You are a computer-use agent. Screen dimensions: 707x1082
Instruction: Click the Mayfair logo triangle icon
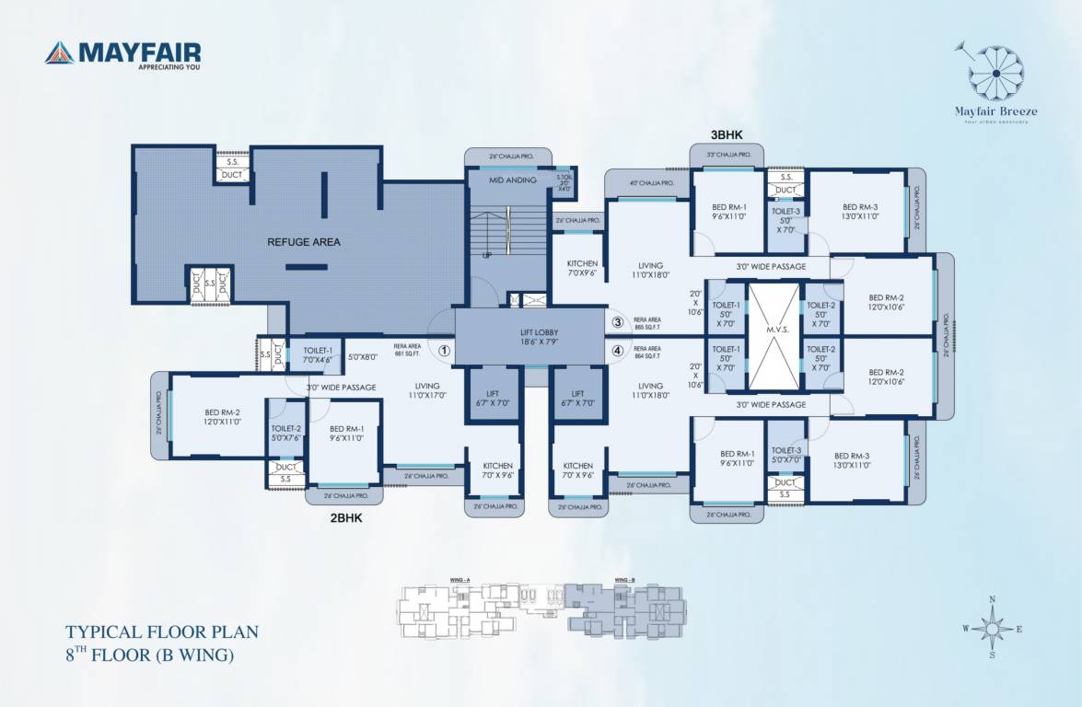60,52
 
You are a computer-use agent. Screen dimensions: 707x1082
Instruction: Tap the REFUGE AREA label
304,242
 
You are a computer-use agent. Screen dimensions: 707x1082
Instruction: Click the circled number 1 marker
444,350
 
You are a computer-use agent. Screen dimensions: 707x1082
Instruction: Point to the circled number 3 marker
618,322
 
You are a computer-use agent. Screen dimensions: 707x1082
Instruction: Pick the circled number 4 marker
618,350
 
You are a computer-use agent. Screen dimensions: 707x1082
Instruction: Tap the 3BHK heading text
726,134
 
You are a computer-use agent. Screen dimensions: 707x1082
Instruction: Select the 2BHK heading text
346,518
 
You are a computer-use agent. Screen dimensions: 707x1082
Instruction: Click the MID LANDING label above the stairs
512,180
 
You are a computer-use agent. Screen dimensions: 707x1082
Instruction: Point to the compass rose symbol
992,628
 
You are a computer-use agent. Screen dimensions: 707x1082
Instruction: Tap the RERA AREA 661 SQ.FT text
406,351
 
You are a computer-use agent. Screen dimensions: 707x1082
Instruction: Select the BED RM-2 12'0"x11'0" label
222,417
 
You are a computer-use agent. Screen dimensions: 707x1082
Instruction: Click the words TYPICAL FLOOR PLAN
161,632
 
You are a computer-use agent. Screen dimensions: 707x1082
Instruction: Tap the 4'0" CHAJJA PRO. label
651,183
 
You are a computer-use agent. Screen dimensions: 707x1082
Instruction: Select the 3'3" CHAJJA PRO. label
728,155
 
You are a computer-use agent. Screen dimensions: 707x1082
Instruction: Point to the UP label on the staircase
487,255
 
